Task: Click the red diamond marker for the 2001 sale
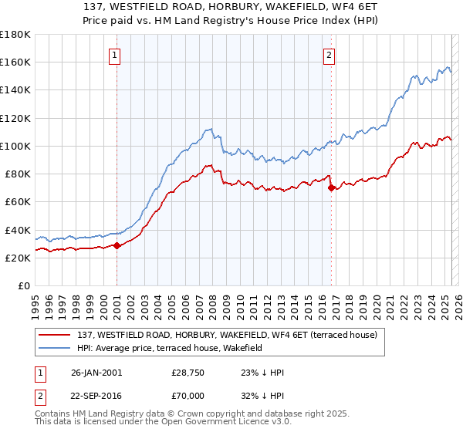pos(117,245)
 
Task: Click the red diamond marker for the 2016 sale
pos(331,187)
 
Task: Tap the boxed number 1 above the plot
pos(114,55)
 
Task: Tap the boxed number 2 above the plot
pos(329,55)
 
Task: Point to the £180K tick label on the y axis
pos(15,35)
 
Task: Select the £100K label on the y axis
pos(15,146)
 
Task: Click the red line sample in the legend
pos(55,335)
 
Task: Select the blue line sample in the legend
pos(55,348)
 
